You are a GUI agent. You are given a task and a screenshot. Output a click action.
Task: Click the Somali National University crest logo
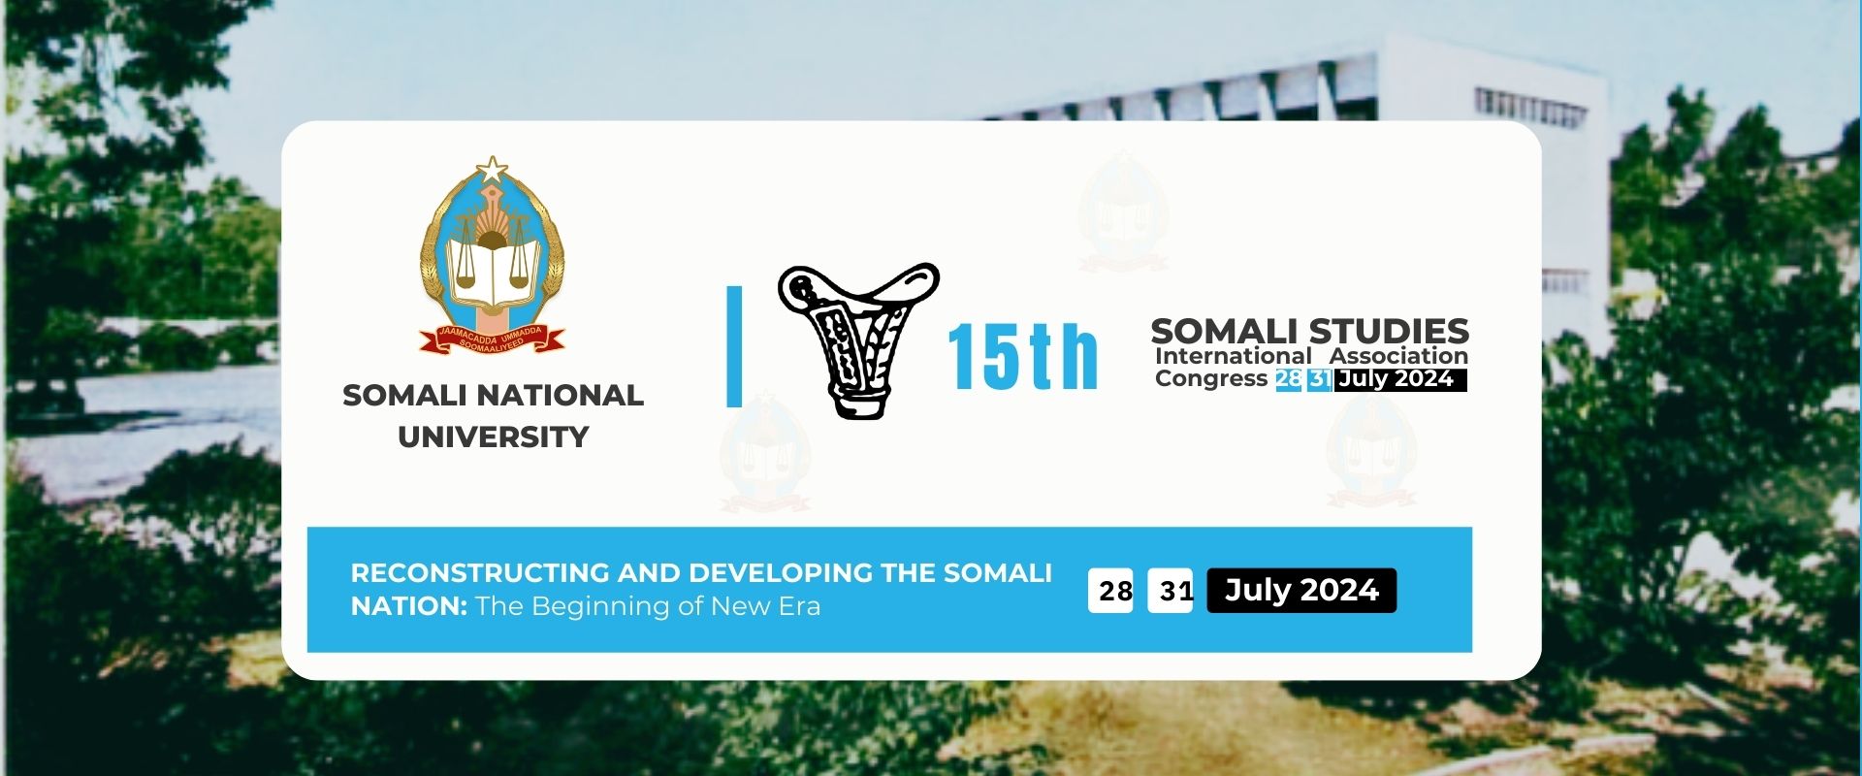[493, 255]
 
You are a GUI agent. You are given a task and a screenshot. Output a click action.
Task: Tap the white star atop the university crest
[493, 171]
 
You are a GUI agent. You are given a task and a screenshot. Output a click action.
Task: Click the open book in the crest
[493, 273]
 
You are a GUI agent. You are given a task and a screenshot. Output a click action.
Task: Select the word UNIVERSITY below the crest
[493, 437]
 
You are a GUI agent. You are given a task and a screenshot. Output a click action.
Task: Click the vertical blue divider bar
[734, 346]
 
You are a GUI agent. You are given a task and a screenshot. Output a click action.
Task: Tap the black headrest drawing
[857, 339]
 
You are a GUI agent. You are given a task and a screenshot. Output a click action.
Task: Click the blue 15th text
[1022, 357]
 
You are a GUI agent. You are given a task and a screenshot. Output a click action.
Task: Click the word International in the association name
[1233, 356]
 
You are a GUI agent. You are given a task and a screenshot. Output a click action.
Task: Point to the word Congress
[1211, 378]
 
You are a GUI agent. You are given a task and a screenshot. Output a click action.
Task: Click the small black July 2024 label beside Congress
[1400, 379]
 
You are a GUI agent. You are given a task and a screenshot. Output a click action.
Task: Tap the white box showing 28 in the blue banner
[1111, 590]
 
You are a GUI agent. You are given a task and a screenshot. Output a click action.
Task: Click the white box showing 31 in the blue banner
[1171, 590]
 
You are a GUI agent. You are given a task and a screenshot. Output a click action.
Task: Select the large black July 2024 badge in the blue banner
[1301, 590]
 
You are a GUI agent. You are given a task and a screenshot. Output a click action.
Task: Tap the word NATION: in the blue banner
[409, 606]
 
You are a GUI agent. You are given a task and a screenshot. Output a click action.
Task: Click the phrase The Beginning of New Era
[648, 607]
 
